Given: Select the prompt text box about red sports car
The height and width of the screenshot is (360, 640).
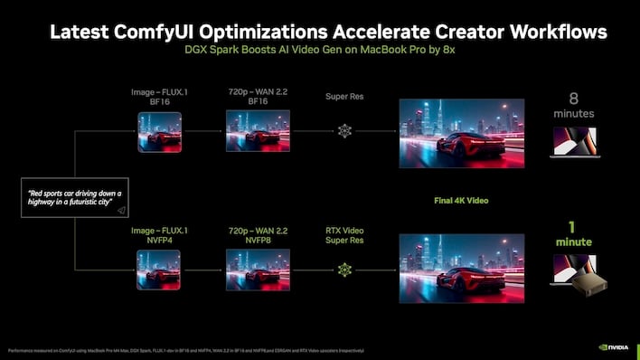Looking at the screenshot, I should (x=75, y=200).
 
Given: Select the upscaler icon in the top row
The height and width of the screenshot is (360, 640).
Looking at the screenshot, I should (x=344, y=130).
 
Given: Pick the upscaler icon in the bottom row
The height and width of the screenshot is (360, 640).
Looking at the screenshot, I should (x=344, y=270).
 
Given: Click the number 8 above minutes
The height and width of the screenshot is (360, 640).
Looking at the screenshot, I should (x=572, y=97).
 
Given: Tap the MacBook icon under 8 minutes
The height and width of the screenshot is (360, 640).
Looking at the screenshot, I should (x=573, y=142).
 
